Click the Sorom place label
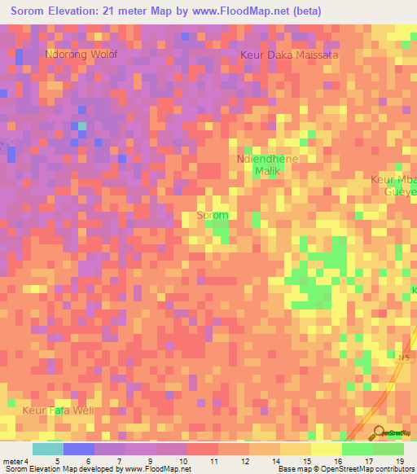click(213, 216)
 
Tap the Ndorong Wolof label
click(81, 55)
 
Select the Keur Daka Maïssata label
click(289, 55)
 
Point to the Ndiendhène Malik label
click(267, 165)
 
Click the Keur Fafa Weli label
click(58, 410)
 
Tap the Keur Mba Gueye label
click(395, 185)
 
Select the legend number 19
click(400, 460)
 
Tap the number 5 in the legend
click(57, 460)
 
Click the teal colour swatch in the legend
click(48, 449)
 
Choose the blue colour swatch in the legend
click(79, 449)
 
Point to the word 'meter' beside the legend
click(15, 460)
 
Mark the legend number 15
click(307, 460)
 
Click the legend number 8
click(120, 460)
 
